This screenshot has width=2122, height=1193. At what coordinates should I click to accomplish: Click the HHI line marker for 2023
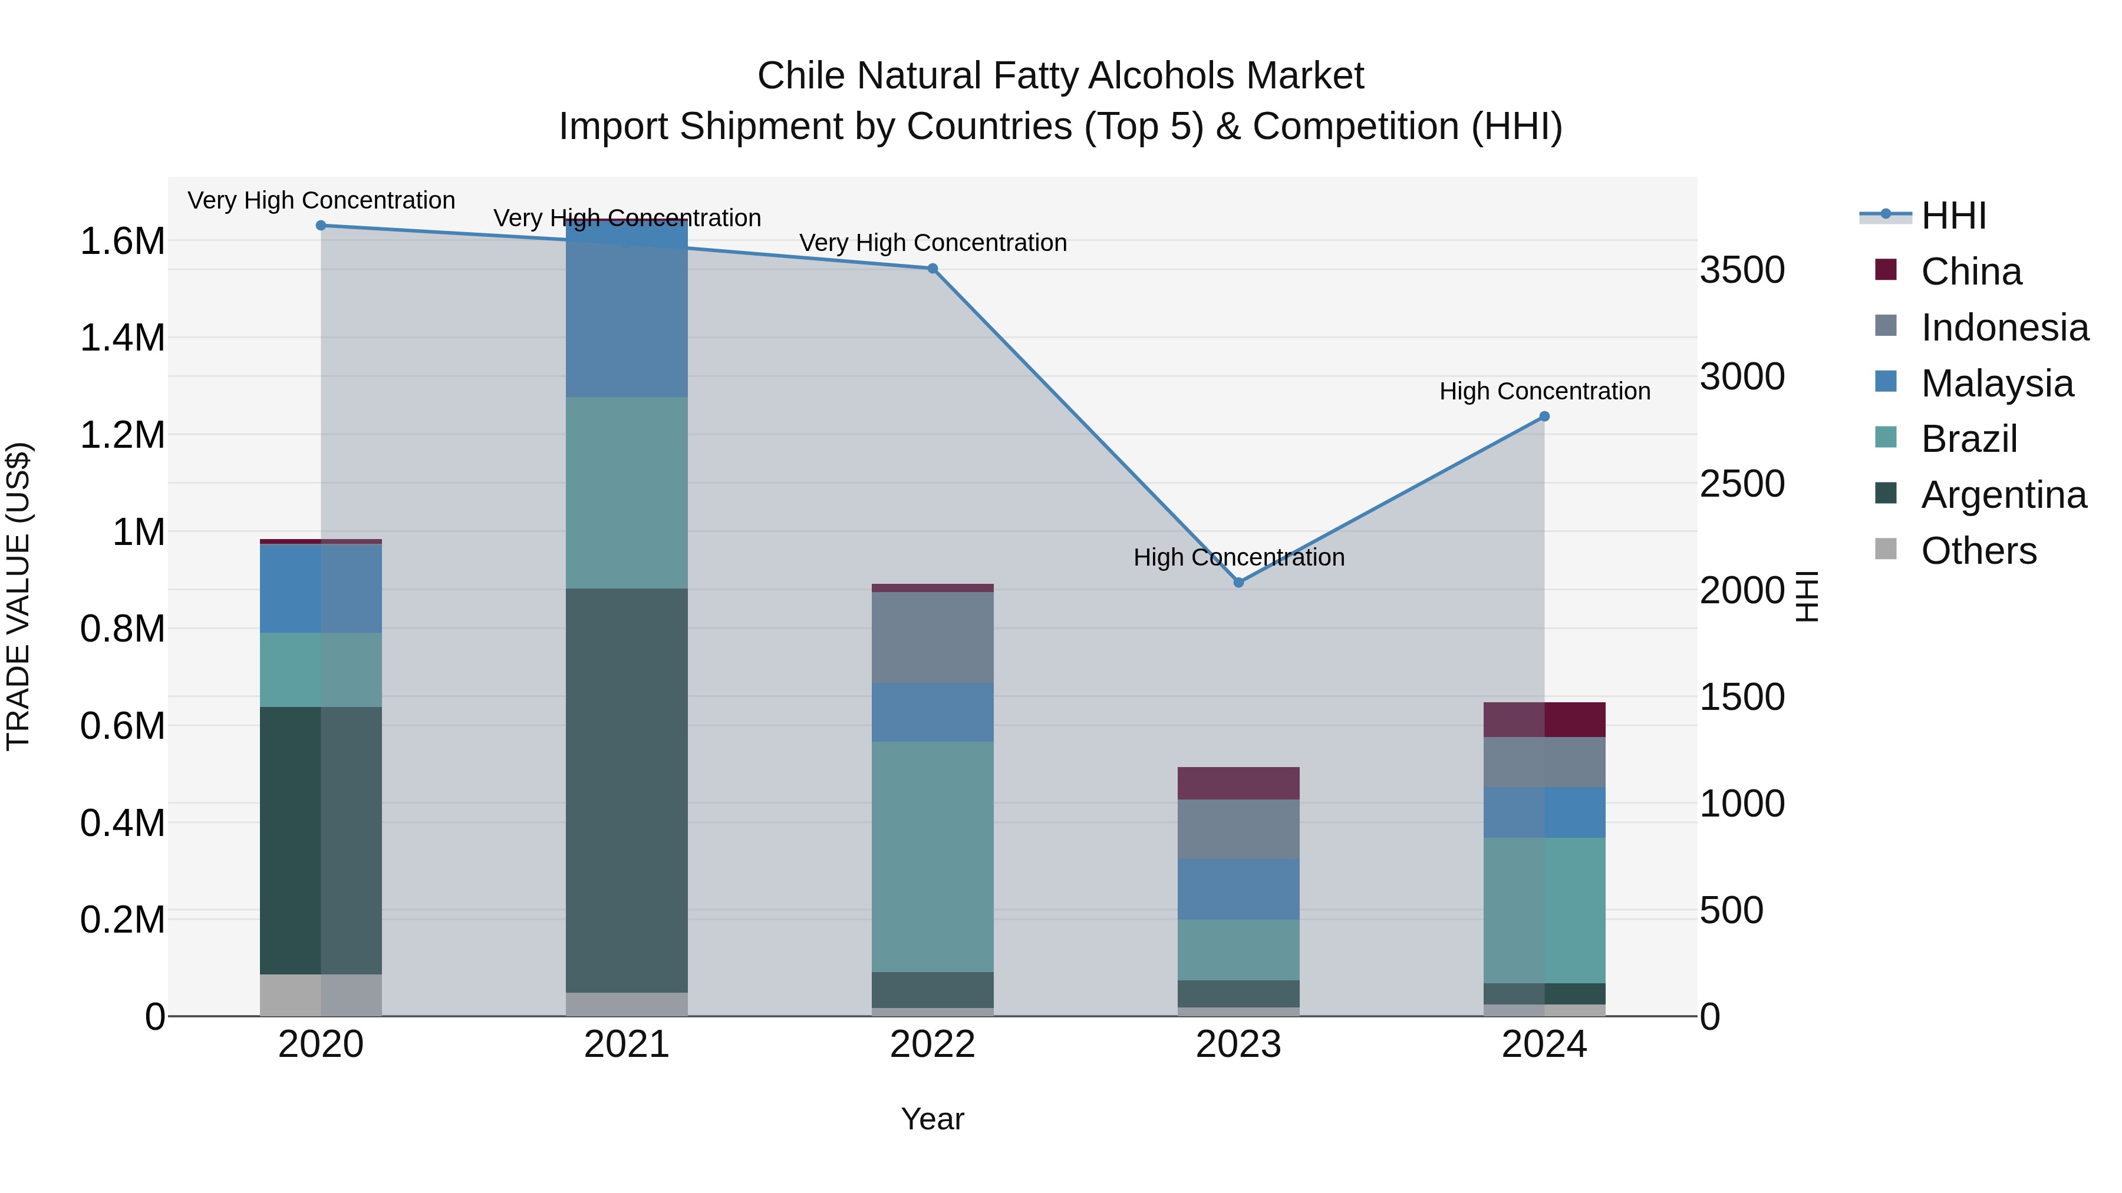point(1238,582)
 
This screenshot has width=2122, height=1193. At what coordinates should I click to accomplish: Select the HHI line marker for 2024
point(1544,417)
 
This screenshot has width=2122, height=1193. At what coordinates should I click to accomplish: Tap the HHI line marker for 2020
point(321,226)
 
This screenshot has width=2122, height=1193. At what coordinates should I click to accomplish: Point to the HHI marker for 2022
point(933,269)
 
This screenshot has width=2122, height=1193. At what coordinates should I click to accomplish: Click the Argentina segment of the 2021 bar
point(627,791)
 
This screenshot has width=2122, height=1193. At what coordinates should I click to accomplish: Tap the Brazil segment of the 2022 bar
point(933,856)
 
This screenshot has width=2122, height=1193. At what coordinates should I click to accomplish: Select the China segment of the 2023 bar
point(1238,783)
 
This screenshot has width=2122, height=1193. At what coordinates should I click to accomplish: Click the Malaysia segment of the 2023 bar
point(1238,889)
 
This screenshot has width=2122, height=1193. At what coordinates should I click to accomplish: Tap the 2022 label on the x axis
point(933,1045)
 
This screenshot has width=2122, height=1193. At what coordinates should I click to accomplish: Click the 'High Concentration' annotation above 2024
point(1544,391)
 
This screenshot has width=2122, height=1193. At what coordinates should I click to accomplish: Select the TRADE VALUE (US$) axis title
point(18,596)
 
